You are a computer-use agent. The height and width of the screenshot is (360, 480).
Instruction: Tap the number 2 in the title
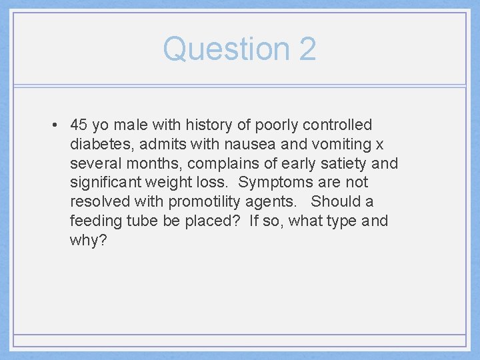click(x=307, y=49)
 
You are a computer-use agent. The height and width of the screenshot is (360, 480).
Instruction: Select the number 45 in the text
click(x=79, y=125)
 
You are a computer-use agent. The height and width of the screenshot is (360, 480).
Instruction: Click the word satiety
click(x=342, y=163)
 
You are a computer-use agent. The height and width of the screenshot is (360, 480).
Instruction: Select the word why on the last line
click(x=85, y=241)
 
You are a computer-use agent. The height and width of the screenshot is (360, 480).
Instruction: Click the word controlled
click(x=337, y=125)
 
